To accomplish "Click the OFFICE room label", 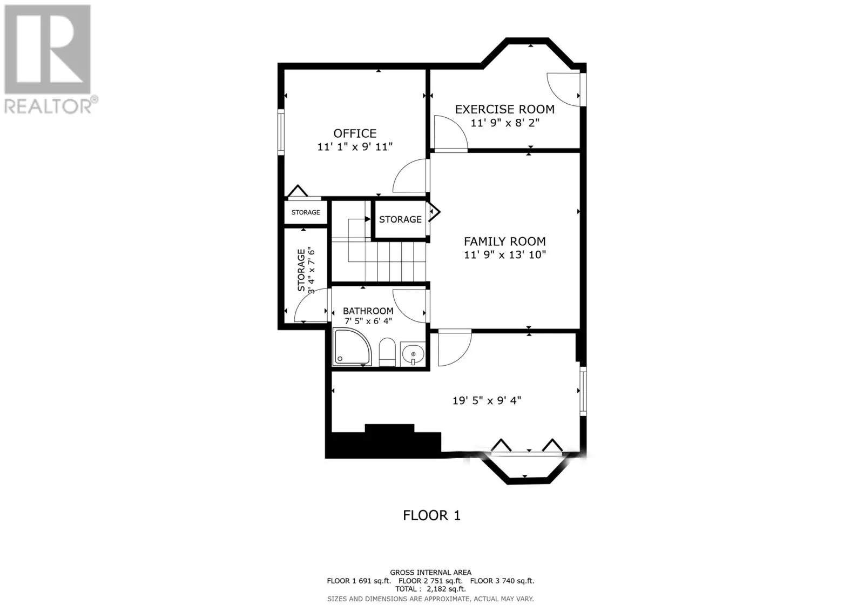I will pos(355,133).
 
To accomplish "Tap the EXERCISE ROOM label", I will pos(504,109).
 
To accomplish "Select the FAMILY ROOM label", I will pos(504,241).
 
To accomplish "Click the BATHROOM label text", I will pos(368,311).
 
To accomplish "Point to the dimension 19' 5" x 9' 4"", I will pos(487,401).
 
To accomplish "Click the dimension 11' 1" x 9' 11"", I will pos(355,147).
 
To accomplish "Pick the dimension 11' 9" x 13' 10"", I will pos(505,255).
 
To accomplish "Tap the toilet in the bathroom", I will pos(387,352).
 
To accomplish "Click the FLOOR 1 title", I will pos(431,515).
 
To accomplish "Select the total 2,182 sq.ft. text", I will pos(430,589).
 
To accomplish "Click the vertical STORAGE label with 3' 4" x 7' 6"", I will pos(306,270).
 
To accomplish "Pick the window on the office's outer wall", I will pos(281,132).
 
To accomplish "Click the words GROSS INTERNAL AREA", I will pos(430,572).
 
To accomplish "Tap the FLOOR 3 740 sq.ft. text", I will pos(502,581).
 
